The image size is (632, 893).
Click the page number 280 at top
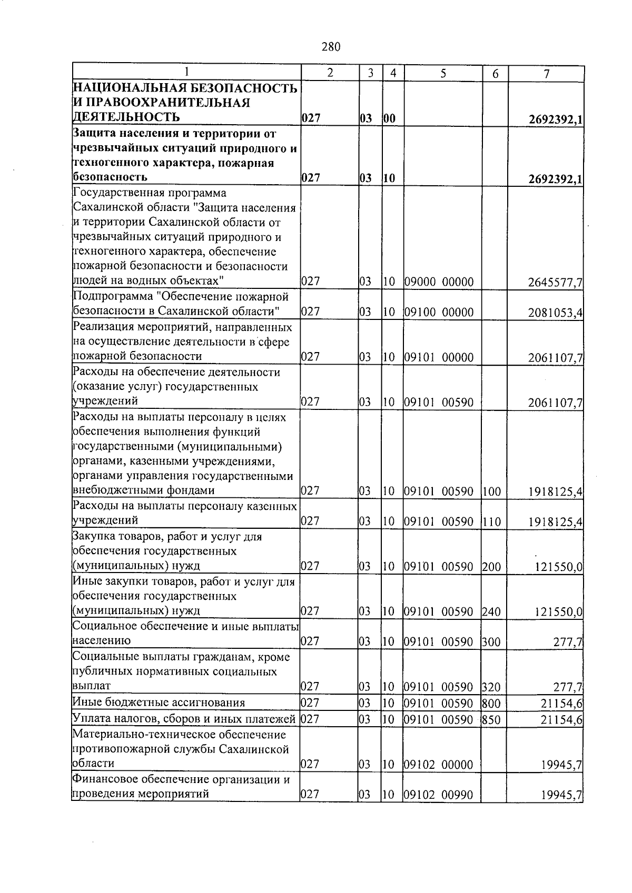pos(331,47)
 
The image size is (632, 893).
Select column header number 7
pos(547,74)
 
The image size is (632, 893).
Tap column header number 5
pos(443,74)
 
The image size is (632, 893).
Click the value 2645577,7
pos(555,283)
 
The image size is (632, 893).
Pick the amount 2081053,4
pos(555,313)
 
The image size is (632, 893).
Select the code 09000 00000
pos(439,282)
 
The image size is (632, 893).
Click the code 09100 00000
pos(439,312)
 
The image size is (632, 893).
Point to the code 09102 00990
pos(439,795)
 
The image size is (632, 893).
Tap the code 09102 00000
pos(439,765)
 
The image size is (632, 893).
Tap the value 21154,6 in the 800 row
pos(561,704)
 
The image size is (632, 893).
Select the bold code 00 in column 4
pos(389,119)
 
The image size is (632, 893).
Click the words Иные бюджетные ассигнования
pos(159,703)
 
